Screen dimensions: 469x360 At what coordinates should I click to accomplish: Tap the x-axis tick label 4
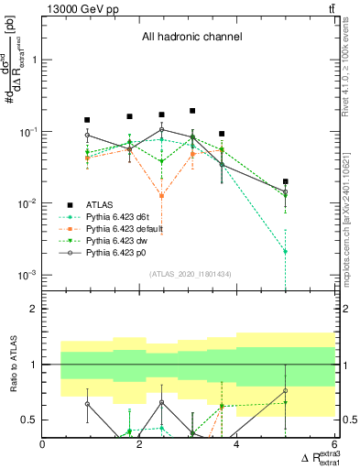tap(236, 444)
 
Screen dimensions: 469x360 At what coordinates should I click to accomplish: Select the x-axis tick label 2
tap(139, 444)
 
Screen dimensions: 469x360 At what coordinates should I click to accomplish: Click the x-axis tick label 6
tap(333, 444)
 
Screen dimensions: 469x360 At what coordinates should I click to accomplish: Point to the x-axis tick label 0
tap(43, 444)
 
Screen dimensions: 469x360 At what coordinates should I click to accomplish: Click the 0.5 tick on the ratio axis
tap(30, 420)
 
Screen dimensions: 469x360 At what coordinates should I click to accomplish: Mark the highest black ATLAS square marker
tap(192, 111)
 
